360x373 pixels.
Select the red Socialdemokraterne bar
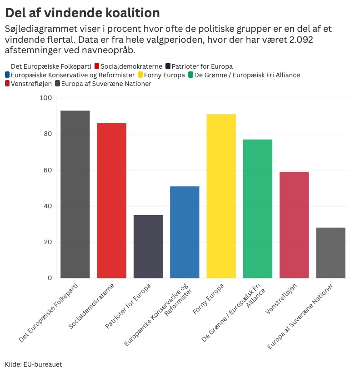[112, 201]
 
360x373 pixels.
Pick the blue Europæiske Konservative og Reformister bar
[185, 232]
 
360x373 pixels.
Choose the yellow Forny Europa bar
[221, 196]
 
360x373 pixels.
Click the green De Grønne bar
[258, 209]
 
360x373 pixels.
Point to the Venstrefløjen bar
[294, 225]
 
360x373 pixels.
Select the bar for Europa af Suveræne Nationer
[330, 253]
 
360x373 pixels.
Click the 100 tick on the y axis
[46, 98]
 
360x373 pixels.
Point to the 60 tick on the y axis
[48, 170]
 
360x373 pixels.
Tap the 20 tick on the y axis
[48, 242]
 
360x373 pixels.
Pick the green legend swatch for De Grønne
[190, 75]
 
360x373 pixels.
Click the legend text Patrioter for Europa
[202, 66]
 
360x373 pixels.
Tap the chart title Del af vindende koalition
[82, 12]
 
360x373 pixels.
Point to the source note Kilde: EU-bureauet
[33, 364]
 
